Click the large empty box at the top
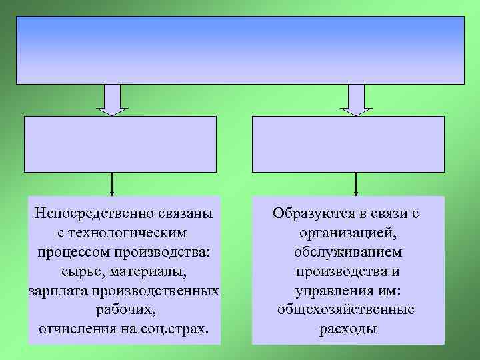(240, 50)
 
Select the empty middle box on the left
(121, 144)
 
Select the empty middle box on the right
(348, 144)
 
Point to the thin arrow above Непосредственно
(112, 183)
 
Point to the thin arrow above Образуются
(357, 183)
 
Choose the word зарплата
(58, 291)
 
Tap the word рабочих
(124, 311)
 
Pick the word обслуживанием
(347, 253)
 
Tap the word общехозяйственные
(347, 311)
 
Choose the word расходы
(347, 329)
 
